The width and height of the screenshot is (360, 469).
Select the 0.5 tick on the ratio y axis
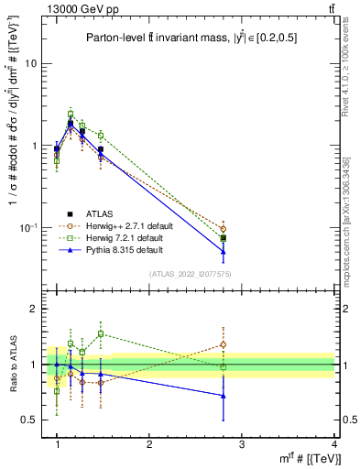click(29, 420)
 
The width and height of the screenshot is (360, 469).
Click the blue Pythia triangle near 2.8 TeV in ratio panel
click(248, 396)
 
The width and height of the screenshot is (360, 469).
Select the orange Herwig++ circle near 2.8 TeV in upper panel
click(248, 228)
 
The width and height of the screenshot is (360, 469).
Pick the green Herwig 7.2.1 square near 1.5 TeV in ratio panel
click(101, 333)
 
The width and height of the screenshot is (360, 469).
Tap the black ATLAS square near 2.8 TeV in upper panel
click(248, 238)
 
